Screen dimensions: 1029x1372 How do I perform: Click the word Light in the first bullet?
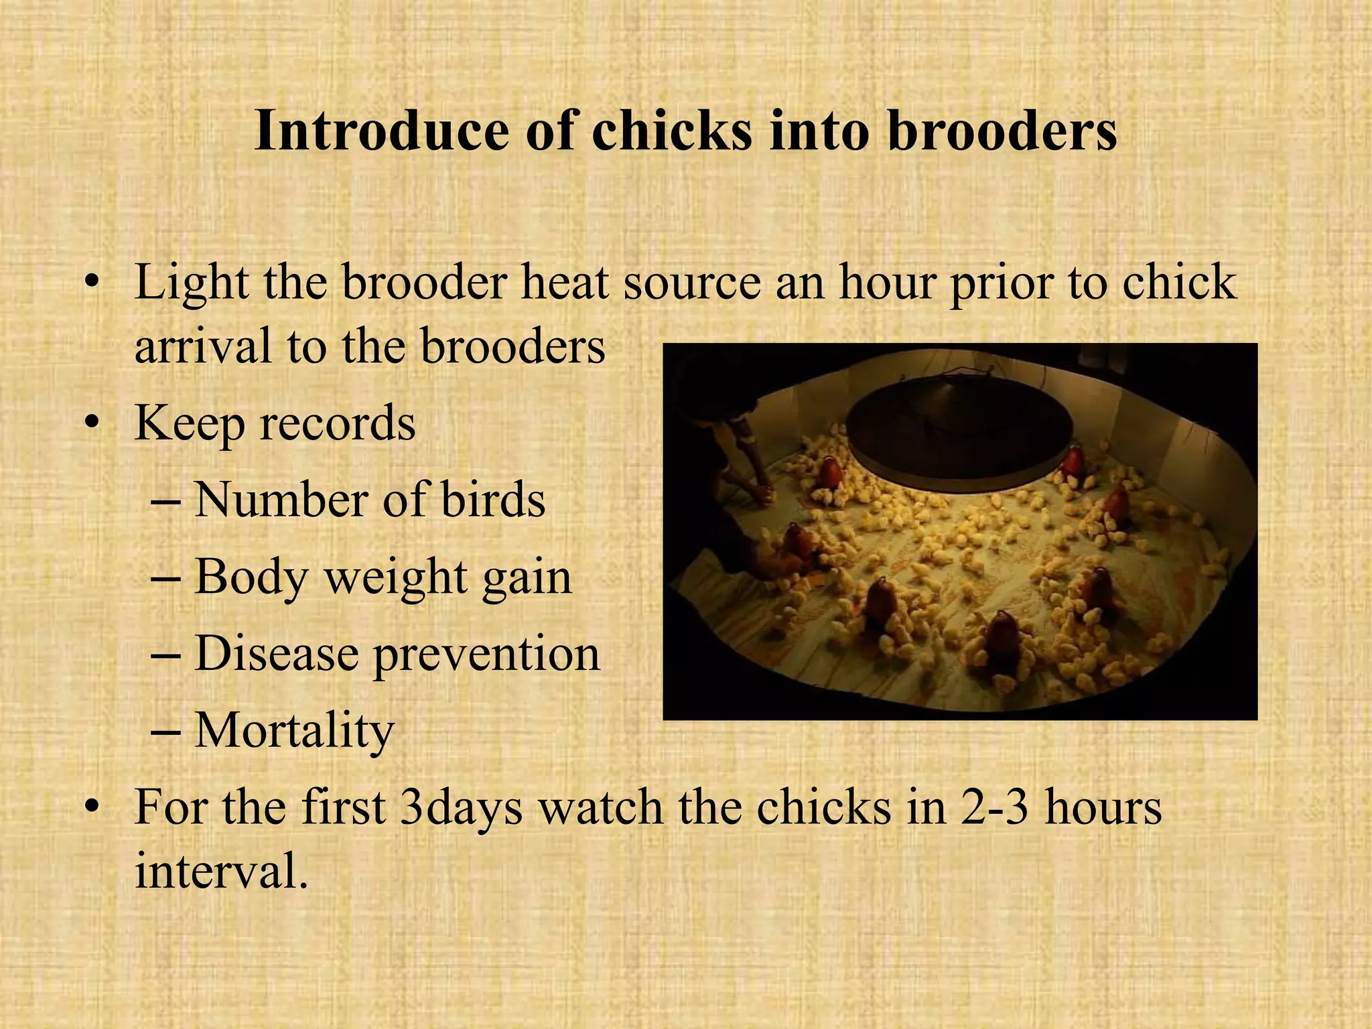point(192,283)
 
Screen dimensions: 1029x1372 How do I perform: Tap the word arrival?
point(204,347)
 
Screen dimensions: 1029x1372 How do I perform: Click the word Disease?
point(276,654)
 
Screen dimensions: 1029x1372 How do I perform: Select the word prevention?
point(486,655)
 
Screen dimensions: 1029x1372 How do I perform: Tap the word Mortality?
point(294,731)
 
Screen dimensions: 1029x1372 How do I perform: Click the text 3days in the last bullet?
point(461,809)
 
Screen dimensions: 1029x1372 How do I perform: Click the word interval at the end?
point(221,872)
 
